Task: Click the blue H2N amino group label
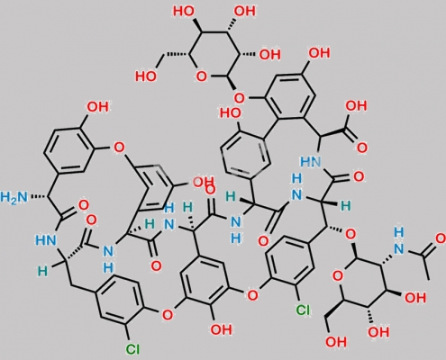pos(14,197)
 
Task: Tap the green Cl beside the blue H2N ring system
pos(132,348)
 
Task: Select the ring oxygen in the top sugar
pos(201,76)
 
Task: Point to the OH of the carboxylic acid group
pos(356,106)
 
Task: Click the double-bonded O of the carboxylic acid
pos(361,148)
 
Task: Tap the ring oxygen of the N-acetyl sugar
pos(338,275)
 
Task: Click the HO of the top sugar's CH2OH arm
pos(146,76)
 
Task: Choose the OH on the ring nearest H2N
pos(97,107)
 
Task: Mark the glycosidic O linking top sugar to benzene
pos(239,97)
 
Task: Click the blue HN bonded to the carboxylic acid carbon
pos(311,162)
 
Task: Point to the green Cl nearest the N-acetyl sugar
pos(303,310)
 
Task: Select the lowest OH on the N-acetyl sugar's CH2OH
pos(336,341)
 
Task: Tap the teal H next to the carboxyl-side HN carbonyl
pos(346,206)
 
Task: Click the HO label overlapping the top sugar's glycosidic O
pos(231,113)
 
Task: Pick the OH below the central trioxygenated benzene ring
pos(221,329)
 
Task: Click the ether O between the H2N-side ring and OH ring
pos(119,148)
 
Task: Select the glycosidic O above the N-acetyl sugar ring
pos(350,235)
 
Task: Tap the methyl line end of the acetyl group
pos(428,279)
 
